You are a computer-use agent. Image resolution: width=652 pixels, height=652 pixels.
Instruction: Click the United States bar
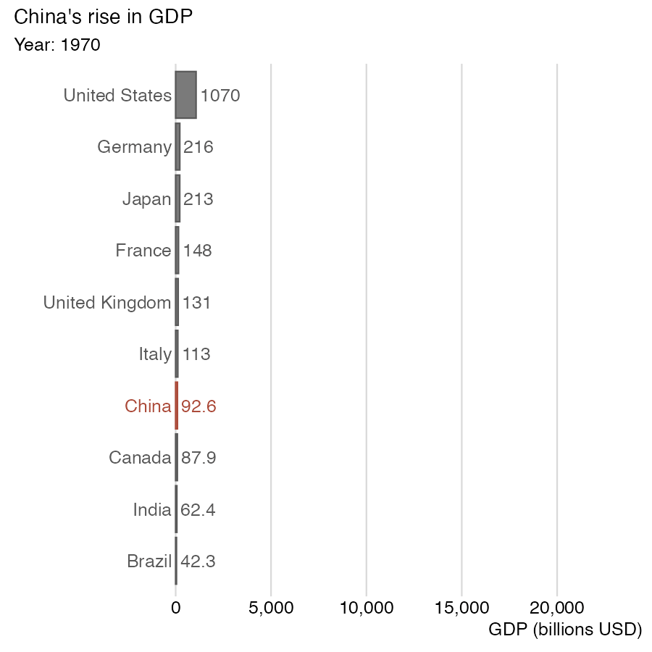click(185, 95)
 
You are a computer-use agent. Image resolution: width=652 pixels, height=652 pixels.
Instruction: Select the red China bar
click(176, 406)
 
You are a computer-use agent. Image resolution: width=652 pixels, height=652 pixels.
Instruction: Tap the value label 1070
click(220, 96)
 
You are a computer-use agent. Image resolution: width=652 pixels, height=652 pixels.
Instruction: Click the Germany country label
click(134, 147)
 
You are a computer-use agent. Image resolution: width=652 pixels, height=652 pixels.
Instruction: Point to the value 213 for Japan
click(198, 199)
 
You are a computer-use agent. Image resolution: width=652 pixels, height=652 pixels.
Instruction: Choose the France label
click(143, 251)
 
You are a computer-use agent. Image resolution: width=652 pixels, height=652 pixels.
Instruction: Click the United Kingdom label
click(107, 303)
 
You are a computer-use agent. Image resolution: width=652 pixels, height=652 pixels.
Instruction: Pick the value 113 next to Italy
click(196, 354)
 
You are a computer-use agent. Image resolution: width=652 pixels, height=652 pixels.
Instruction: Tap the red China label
click(148, 406)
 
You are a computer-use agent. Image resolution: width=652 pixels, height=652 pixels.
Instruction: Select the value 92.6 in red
click(198, 406)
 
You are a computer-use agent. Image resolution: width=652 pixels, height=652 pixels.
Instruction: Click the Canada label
click(140, 458)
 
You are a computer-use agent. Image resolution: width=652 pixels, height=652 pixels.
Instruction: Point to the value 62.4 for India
click(198, 510)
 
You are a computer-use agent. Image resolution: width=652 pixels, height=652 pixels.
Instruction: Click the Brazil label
click(149, 561)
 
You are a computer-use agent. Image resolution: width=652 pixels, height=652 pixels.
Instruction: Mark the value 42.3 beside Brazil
click(198, 561)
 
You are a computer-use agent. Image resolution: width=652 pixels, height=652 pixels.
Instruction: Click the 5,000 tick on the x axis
click(271, 608)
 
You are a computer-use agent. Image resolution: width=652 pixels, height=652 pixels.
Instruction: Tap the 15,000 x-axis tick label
click(461, 608)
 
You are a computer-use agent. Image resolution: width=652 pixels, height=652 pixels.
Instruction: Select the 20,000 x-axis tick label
click(557, 608)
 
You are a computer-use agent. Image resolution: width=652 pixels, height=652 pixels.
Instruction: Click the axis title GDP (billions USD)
click(566, 630)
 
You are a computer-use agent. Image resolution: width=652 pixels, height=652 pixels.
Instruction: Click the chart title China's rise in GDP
click(104, 17)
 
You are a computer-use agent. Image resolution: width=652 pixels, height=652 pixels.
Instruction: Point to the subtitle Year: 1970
click(57, 45)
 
